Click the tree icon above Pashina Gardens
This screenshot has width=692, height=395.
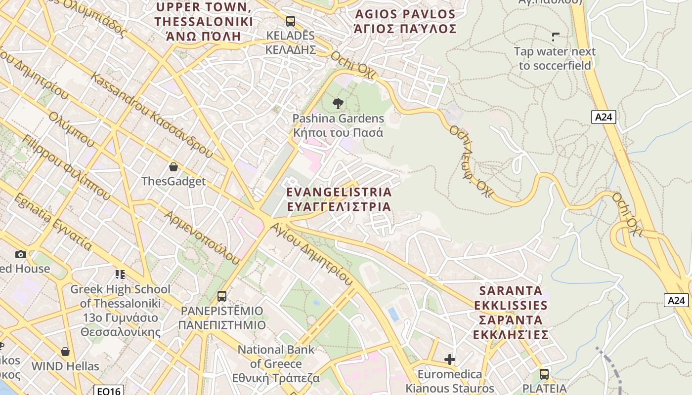(338, 103)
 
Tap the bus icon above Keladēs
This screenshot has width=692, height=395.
(290, 21)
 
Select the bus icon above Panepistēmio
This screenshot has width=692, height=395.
(222, 296)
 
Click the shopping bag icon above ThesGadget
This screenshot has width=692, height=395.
(173, 167)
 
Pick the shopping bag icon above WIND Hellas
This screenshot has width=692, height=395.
(65, 352)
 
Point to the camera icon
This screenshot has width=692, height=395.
(20, 254)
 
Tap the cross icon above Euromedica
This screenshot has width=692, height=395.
(449, 359)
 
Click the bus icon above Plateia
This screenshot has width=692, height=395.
(544, 374)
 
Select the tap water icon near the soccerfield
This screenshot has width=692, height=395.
(555, 37)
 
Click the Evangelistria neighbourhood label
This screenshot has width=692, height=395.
(339, 199)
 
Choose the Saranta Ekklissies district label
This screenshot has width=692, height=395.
(511, 313)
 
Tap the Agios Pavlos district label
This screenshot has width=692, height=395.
(405, 21)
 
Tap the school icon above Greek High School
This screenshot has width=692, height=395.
(120, 274)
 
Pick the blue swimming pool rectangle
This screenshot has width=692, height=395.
(393, 314)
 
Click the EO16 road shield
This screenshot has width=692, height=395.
(108, 391)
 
